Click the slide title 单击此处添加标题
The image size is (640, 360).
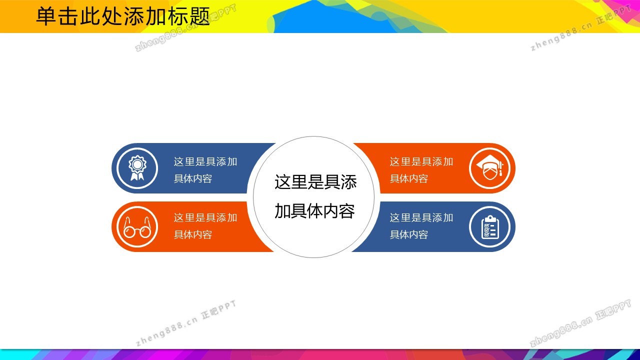click(x=123, y=16)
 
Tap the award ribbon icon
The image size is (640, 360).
click(x=137, y=168)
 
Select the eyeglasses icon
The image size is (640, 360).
click(x=137, y=227)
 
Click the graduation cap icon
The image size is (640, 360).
click(x=489, y=168)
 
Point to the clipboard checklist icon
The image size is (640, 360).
click(x=489, y=227)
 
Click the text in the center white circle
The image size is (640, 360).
click(x=315, y=196)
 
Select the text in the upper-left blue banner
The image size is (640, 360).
click(x=205, y=170)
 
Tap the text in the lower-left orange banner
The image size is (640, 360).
click(x=205, y=226)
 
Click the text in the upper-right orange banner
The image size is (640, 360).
click(x=421, y=170)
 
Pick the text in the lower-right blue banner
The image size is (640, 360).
click(x=421, y=226)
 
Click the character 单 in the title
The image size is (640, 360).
click(x=46, y=16)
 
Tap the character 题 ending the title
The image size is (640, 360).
click(x=200, y=16)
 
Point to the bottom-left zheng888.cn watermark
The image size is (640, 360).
click(x=186, y=323)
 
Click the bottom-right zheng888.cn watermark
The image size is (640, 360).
click(x=580, y=323)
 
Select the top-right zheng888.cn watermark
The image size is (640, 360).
click(x=580, y=27)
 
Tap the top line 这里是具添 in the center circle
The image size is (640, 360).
click(x=315, y=181)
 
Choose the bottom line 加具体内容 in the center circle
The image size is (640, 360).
click(x=314, y=211)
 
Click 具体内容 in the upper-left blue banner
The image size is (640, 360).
click(x=193, y=178)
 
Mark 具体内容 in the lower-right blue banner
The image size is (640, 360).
click(x=409, y=234)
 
